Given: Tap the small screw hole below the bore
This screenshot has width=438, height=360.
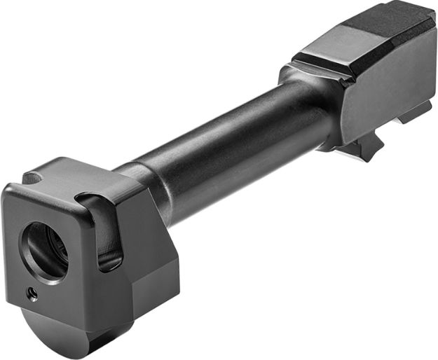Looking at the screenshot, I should tap(32, 294).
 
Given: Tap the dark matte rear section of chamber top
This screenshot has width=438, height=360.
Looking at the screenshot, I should tap(392, 21).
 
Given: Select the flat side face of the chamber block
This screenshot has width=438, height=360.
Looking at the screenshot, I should tap(385, 84).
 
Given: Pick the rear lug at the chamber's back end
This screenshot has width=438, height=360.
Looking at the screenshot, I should tap(417, 112).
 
